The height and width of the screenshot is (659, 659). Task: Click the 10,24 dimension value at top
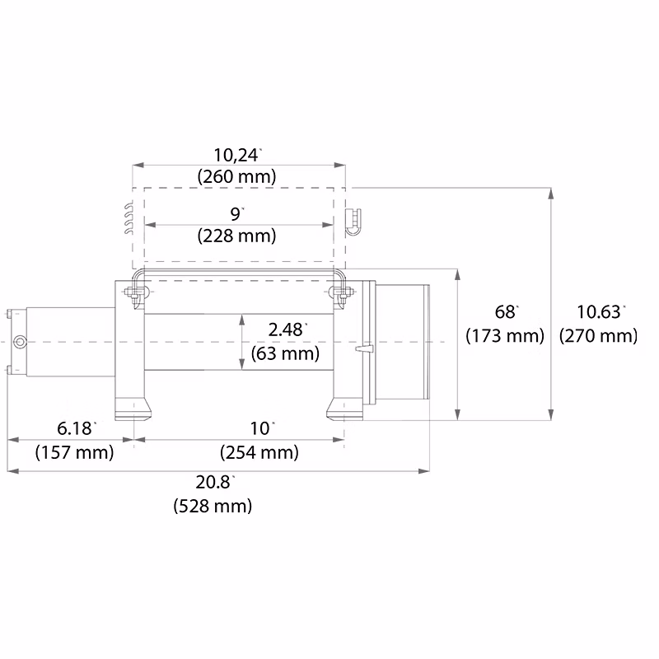click(x=236, y=156)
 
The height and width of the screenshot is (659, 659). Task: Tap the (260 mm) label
click(x=236, y=176)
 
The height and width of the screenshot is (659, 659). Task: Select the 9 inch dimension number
click(x=236, y=214)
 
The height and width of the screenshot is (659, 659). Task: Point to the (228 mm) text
click(x=236, y=236)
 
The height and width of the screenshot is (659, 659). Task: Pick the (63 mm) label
click(x=285, y=353)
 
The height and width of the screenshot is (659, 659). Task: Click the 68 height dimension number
click(x=506, y=312)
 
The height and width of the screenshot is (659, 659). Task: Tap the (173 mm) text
click(x=505, y=336)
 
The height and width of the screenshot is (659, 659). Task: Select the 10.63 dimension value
click(x=601, y=312)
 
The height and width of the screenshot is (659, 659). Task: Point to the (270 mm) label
click(x=599, y=336)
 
